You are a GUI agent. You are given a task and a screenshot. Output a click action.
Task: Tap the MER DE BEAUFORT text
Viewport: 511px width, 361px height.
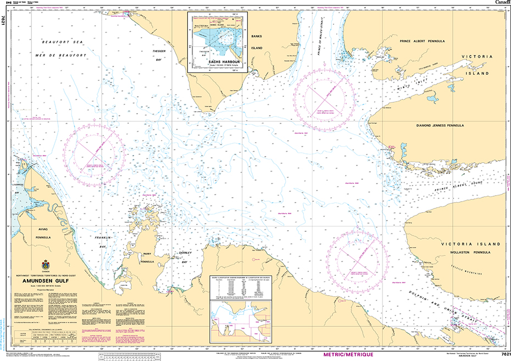65,55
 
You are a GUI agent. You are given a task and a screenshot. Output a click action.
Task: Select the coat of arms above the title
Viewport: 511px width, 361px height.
45,264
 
